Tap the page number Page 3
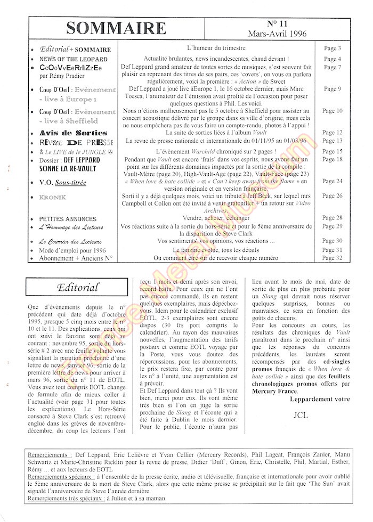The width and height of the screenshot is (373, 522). pyautogui.click(x=332, y=48)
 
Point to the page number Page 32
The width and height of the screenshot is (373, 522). pyautogui.click(x=332, y=258)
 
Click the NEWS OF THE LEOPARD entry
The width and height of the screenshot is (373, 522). pyautogui.click(x=73, y=59)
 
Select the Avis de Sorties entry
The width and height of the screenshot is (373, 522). pyautogui.click(x=73, y=133)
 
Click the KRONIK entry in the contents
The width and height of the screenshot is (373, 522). pyautogui.click(x=52, y=197)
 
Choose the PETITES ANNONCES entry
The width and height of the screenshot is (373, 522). pyautogui.click(x=68, y=219)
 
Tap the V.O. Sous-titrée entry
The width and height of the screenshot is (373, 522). pyautogui.click(x=62, y=182)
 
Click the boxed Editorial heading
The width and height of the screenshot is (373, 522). pyautogui.click(x=78, y=288)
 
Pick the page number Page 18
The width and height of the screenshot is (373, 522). pyautogui.click(x=332, y=159)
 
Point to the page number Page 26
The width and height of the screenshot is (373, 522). pyautogui.click(x=332, y=197)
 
